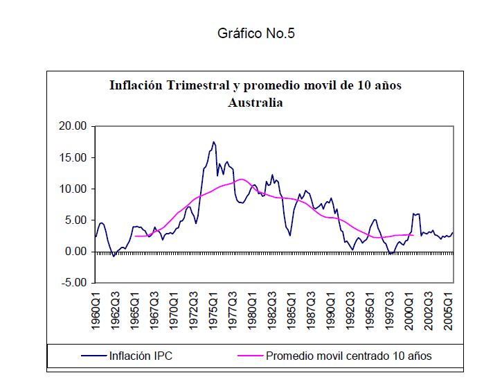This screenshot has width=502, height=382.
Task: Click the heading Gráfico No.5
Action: click(256, 33)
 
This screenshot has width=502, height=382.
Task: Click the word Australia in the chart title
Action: click(256, 103)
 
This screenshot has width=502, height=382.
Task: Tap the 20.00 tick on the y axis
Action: click(72, 126)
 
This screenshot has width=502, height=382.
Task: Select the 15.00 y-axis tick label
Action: click(72, 157)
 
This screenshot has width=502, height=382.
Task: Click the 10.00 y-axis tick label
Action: click(72, 189)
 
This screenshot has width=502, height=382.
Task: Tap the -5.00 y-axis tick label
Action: click(73, 283)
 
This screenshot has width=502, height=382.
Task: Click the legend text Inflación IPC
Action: click(141, 356)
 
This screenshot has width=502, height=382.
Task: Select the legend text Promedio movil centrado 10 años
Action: click(349, 356)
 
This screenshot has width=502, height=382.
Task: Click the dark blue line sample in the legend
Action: click(94, 356)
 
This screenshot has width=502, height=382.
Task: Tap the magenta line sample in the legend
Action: click(251, 356)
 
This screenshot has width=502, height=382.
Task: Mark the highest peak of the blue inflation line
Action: click(214, 142)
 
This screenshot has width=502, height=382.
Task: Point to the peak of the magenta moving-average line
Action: click(240, 180)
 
